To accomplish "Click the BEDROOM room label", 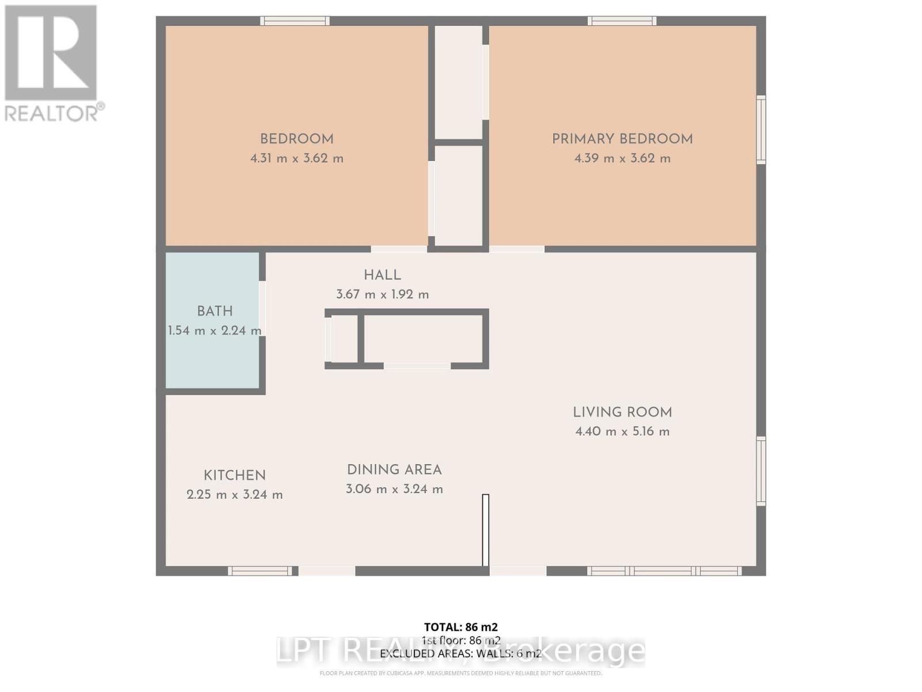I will coord(296,139).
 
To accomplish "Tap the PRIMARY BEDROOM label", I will coord(622,139).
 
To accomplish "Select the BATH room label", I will coord(215,311).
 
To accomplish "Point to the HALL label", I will coord(382,276).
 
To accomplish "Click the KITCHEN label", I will coord(235,476).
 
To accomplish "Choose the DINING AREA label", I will coord(394,470).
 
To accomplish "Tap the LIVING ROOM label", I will coord(622,412).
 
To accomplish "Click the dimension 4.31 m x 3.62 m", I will coord(296,159).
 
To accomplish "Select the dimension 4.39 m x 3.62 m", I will coord(622,159).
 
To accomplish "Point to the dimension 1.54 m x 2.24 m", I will coord(214,331).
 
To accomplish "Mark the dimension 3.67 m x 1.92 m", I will coord(382,295).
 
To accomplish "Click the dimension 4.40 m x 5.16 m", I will coord(622,432).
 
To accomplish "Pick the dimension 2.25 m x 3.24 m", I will coord(235,495).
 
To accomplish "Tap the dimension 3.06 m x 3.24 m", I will coord(394,490).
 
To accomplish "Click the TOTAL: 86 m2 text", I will coord(460,627).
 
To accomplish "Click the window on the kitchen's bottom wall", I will coord(260,571).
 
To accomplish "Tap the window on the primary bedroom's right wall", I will coord(761,130).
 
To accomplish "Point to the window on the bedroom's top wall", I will coord(294,21).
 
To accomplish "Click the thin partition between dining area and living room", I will coord(485,530).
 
